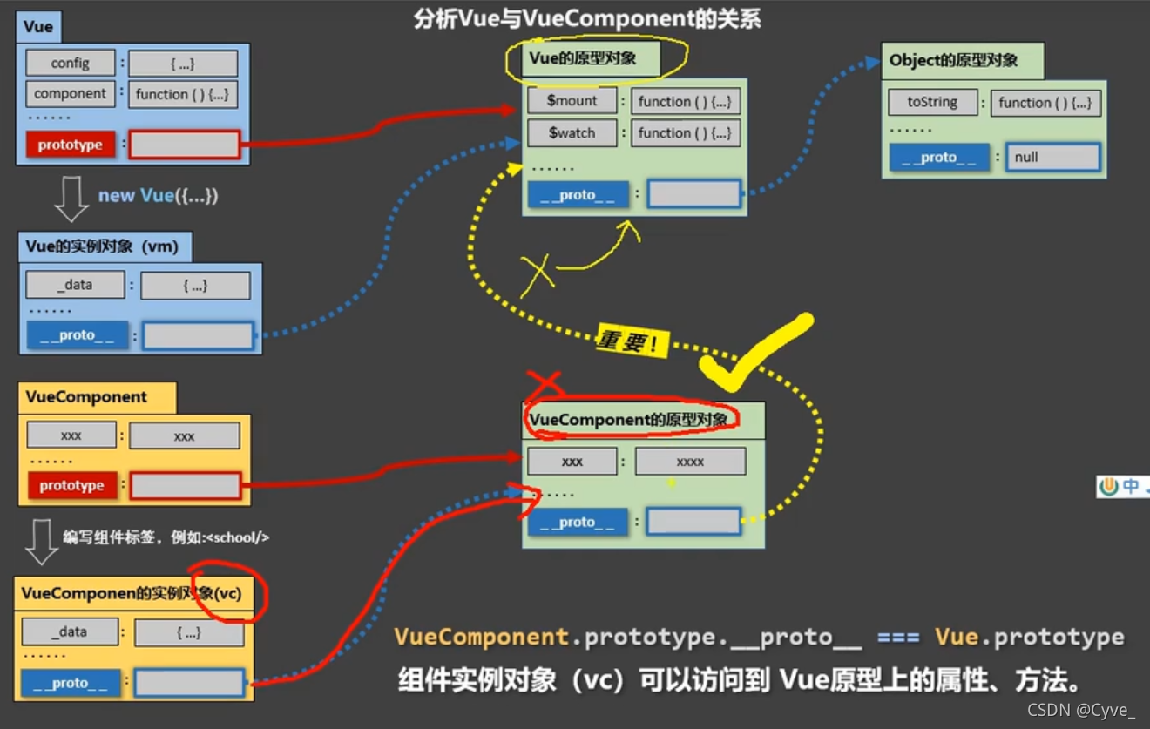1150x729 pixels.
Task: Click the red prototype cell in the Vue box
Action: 71,145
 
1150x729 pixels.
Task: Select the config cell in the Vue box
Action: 70,64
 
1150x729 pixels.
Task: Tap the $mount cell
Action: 572,101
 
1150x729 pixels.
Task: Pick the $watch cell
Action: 572,133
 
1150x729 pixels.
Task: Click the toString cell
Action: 932,102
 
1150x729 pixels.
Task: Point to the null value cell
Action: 1052,158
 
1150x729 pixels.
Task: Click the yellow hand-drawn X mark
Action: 537,273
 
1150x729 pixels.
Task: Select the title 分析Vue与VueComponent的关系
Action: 587,19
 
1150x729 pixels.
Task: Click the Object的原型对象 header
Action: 953,61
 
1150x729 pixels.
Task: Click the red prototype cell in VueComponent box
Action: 71,486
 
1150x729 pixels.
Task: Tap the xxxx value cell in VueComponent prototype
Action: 690,462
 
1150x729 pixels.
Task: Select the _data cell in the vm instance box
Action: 75,285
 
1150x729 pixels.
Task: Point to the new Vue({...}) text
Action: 158,195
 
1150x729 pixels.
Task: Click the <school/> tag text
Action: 238,537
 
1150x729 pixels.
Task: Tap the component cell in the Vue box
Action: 71,94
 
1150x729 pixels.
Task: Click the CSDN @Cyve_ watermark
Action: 1080,710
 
